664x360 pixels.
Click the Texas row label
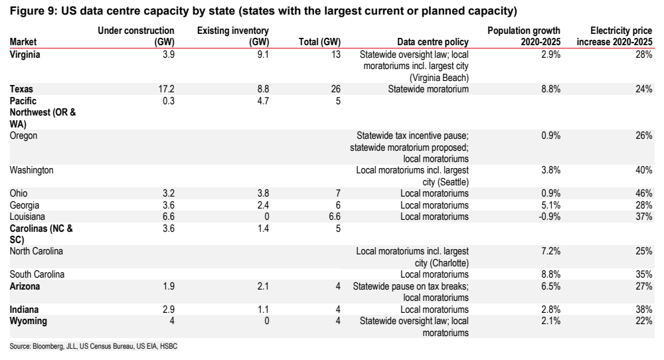(x=21, y=89)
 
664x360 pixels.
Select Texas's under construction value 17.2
(x=166, y=89)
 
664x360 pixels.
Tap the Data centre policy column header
(x=433, y=42)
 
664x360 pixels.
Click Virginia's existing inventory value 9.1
(x=263, y=54)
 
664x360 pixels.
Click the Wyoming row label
(x=29, y=321)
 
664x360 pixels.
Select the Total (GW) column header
(x=320, y=42)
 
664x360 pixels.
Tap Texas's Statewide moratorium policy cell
(x=428, y=89)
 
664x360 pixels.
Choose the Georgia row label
(x=25, y=205)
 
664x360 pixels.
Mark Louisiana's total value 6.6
(x=335, y=217)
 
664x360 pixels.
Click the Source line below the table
(x=94, y=347)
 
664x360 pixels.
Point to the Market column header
(x=23, y=42)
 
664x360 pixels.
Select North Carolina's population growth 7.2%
(x=550, y=251)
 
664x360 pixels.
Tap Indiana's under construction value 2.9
(x=169, y=310)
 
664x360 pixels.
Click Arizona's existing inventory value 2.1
(x=263, y=286)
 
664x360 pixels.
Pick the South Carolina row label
(x=37, y=274)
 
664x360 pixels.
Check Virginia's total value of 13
(x=336, y=54)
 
